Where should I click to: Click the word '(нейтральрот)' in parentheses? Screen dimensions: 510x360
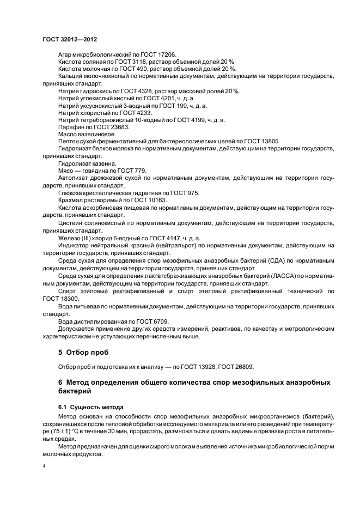tap(163, 246)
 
